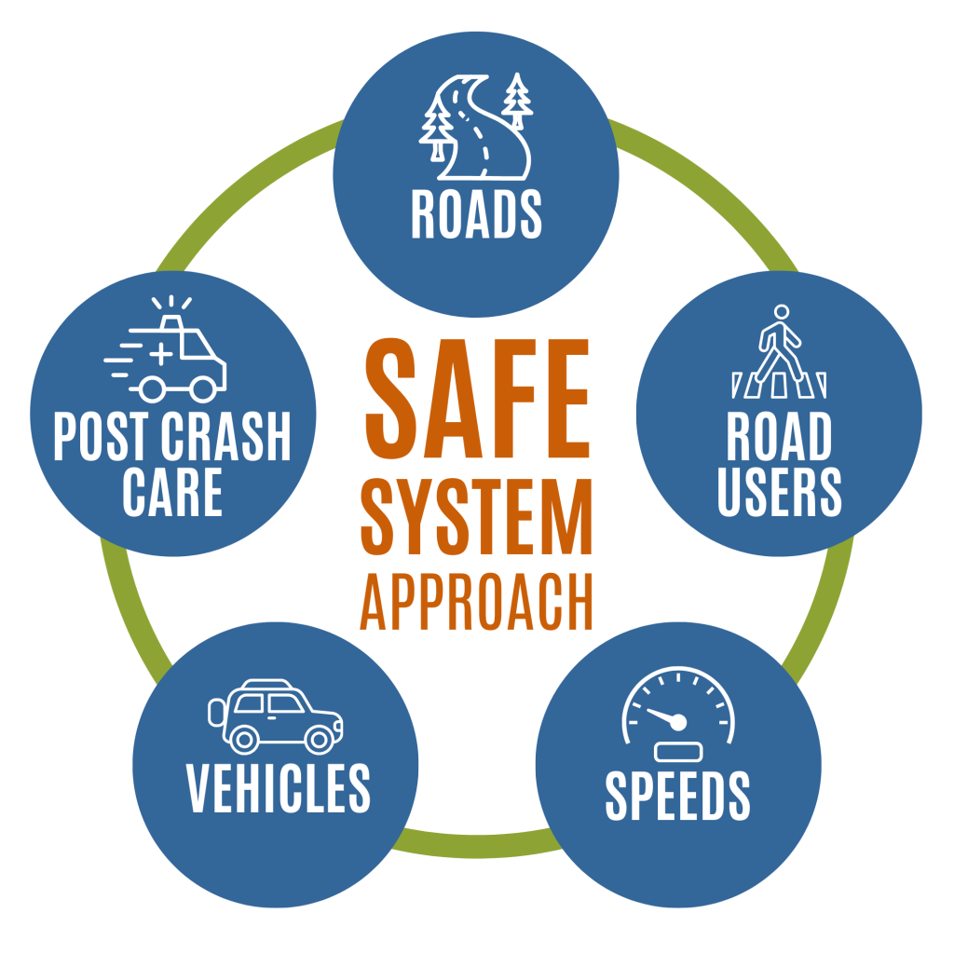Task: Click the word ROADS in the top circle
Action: [476, 215]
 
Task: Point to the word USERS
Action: [779, 491]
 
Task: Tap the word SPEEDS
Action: [677, 796]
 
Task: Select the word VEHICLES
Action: [279, 788]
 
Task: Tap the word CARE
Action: [172, 491]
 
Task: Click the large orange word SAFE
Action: [477, 395]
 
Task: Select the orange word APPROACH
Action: [477, 603]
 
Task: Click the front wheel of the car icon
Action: [319, 740]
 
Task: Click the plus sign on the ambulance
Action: [161, 352]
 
